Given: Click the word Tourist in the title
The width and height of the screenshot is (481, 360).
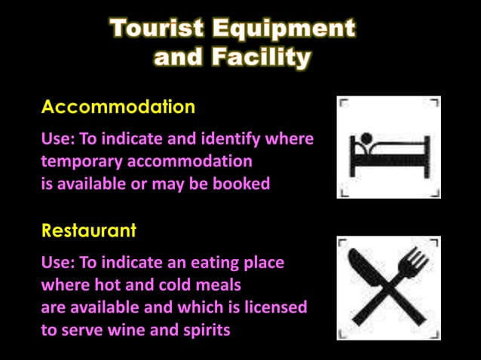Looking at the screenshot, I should coord(156,29).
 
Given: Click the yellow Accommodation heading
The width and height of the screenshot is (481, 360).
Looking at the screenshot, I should coord(118,107).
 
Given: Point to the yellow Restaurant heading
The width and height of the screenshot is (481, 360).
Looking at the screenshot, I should coord(89,230).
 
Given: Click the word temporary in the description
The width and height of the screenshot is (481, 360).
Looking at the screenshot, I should coord(81,161).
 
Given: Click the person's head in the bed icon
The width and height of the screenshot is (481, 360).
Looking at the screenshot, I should coord(366,139).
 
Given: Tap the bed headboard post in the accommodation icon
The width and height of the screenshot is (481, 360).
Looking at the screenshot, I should coord(352,155).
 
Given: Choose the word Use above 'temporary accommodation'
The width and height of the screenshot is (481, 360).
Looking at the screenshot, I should coord(55,140).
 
